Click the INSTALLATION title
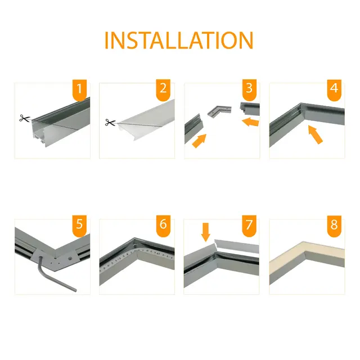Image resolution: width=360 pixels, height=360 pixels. click(179, 40)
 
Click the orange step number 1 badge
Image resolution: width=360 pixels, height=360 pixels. click(80, 89)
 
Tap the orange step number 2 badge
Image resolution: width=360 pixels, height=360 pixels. click(164, 89)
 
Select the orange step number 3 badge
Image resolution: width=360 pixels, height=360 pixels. click(249, 89)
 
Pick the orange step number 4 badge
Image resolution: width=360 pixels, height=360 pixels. click(334, 89)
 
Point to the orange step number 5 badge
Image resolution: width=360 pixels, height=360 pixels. click(80, 226)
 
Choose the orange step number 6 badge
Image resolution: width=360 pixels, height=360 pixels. click(164, 226)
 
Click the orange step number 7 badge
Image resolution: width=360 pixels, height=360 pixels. click(249, 226)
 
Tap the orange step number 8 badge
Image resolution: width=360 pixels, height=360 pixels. click(334, 226)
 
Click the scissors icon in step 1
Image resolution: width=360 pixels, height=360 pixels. click(24, 119)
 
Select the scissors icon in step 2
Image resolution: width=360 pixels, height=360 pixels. click(109, 122)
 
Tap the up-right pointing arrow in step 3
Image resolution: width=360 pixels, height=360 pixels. click(199, 141)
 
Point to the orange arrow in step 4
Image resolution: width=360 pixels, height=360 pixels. click(316, 135)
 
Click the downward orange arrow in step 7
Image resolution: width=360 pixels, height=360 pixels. click(205, 231)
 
